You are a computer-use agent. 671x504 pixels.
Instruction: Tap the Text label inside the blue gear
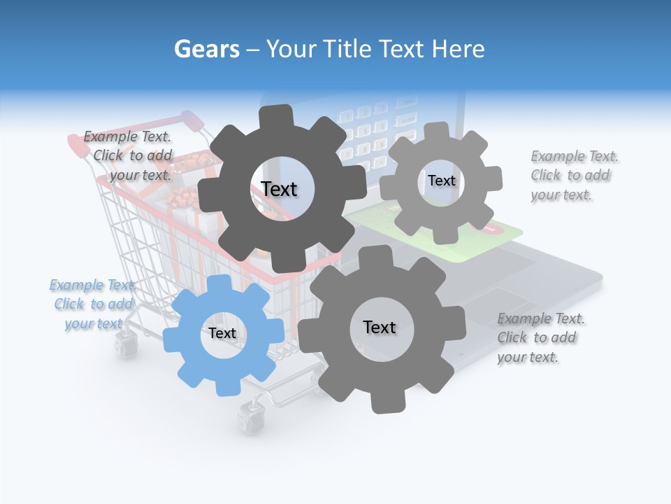222,334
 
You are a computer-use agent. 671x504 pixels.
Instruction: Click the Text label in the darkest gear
279,189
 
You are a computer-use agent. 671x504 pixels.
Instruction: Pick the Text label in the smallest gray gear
441,181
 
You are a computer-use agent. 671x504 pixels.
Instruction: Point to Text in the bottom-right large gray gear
380,327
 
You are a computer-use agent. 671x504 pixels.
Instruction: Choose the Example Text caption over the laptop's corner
538,337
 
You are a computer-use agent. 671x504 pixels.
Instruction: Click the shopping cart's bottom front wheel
247,418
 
